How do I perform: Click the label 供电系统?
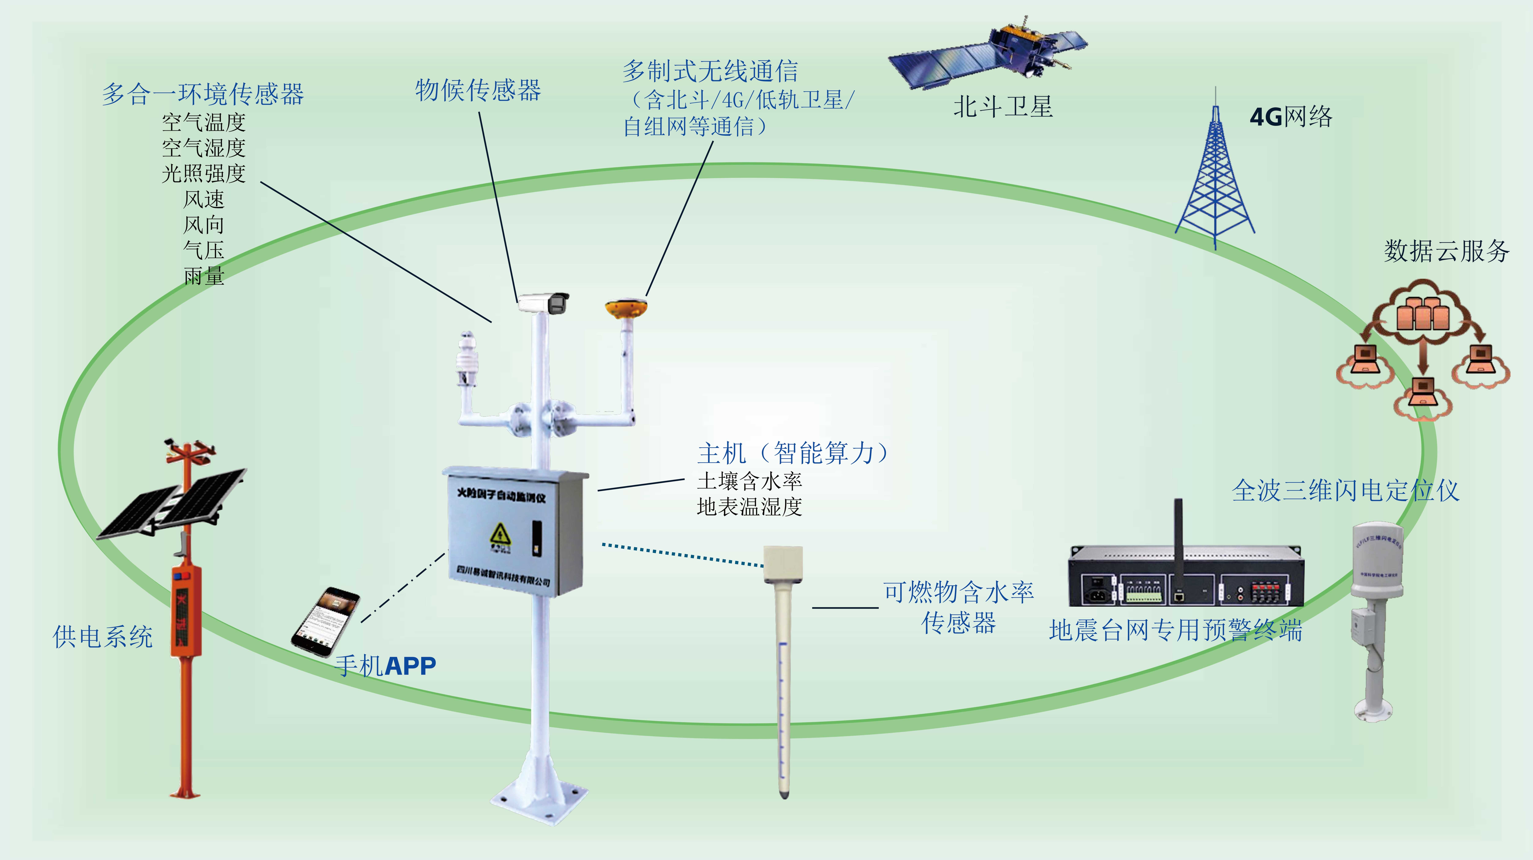coord(102,636)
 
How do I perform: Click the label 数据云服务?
coord(1446,251)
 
